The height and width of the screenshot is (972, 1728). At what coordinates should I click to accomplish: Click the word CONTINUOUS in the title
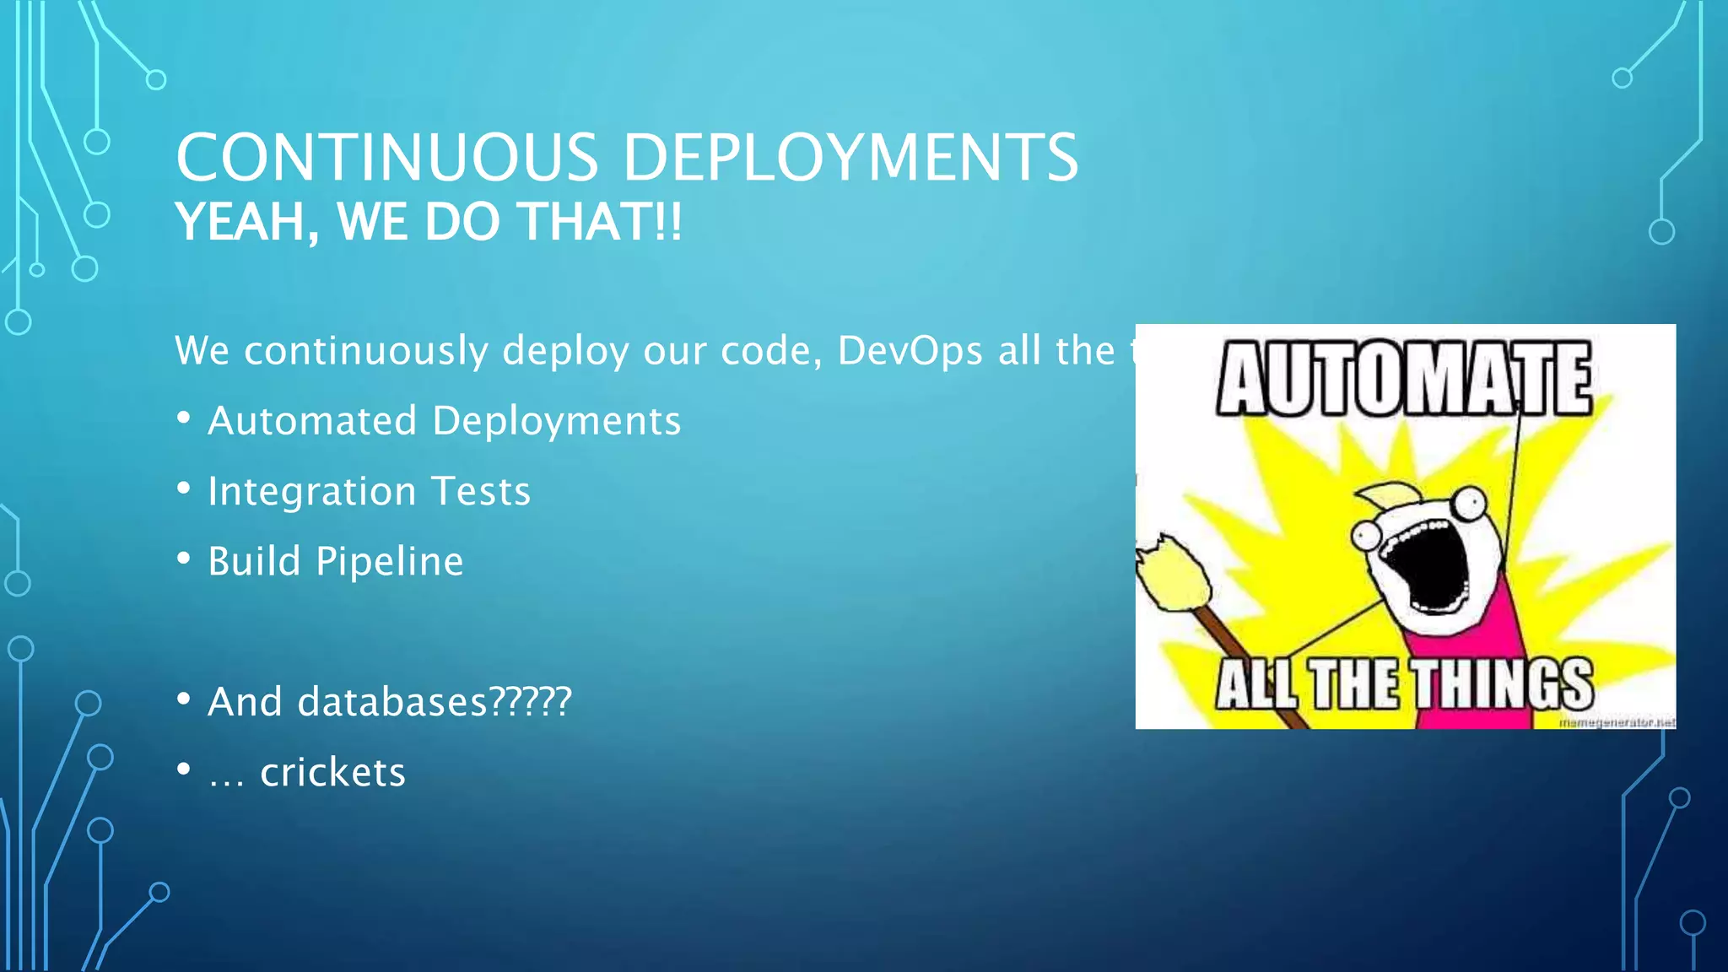(387, 158)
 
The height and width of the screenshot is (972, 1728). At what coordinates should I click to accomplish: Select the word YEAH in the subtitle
(240, 222)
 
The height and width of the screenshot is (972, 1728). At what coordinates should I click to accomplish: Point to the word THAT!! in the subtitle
(600, 222)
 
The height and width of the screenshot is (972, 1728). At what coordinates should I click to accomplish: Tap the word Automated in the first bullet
(312, 421)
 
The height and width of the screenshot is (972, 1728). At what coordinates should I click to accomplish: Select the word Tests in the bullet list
(481, 491)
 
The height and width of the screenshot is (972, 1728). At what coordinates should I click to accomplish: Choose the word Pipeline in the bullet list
(390, 562)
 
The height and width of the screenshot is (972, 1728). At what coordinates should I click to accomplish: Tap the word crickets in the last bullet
(332, 772)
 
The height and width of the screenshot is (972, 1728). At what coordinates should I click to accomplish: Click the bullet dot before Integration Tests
(184, 489)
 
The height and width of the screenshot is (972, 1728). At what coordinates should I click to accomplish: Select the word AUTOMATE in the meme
(1404, 379)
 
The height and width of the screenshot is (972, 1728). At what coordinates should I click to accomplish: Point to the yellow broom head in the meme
(1174, 573)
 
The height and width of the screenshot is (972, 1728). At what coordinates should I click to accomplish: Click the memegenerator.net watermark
(1616, 722)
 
